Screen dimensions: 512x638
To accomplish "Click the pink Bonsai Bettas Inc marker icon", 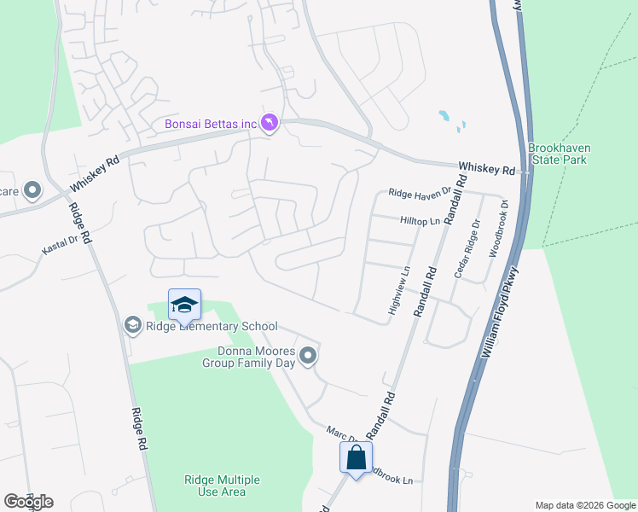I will click(x=270, y=125).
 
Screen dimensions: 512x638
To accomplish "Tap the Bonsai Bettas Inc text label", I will click(x=211, y=125).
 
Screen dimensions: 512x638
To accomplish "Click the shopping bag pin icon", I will click(x=356, y=458).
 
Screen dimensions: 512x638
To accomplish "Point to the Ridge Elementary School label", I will click(x=212, y=326).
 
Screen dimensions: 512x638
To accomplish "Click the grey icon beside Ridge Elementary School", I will click(x=132, y=325).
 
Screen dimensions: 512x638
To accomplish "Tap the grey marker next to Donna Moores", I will click(x=309, y=355).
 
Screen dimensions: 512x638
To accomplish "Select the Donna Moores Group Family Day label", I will click(x=248, y=358).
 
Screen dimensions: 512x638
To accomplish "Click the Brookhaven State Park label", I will click(x=560, y=154).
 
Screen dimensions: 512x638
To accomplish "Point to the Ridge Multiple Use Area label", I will click(x=222, y=486).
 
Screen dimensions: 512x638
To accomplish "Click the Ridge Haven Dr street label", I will click(x=419, y=194).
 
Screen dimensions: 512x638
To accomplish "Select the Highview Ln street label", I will click(x=400, y=293).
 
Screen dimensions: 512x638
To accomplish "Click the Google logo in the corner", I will click(x=28, y=502).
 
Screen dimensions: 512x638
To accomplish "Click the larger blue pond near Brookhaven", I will click(x=444, y=115).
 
